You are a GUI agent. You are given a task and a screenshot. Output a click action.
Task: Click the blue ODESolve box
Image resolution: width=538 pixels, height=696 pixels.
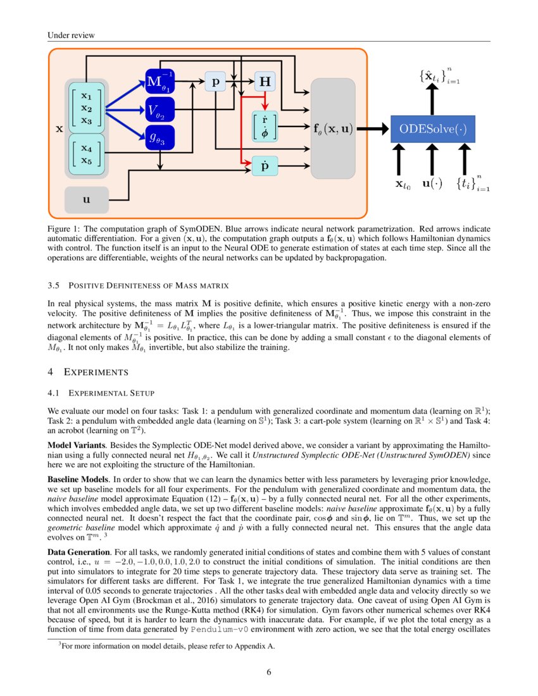point(432,129)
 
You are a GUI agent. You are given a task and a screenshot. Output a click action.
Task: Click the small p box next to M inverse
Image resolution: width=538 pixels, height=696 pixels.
point(215,82)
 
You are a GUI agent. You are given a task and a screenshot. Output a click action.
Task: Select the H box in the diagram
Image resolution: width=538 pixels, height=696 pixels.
point(265,82)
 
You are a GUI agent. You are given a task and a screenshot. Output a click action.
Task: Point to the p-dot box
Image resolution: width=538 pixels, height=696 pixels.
point(265,165)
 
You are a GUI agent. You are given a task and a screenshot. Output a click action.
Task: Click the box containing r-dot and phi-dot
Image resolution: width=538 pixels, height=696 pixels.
point(265,127)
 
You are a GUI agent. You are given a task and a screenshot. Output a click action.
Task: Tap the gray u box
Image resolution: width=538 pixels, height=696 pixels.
point(87,199)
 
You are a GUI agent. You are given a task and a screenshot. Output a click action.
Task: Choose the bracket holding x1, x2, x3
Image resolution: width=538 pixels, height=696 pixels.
point(87,108)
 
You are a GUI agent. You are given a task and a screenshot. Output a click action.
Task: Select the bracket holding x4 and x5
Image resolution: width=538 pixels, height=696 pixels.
point(87,154)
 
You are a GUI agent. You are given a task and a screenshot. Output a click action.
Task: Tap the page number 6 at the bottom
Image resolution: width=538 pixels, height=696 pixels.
point(269,672)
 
